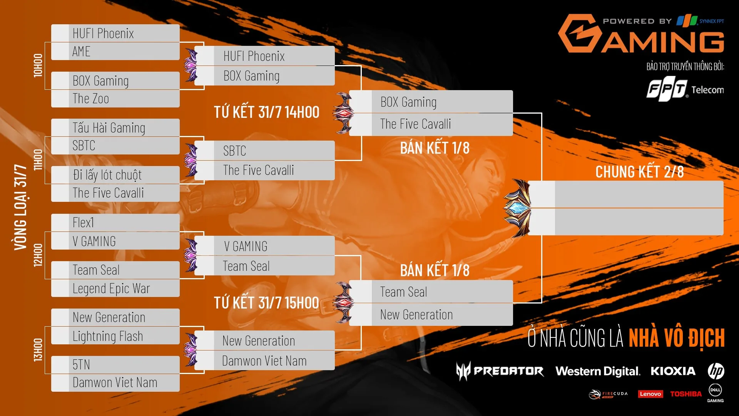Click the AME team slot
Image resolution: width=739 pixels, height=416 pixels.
(x=115, y=51)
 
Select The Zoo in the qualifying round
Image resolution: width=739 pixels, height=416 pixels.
(x=115, y=99)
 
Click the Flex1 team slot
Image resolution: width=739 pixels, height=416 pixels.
(x=115, y=223)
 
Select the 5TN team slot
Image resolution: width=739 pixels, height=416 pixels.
(x=115, y=364)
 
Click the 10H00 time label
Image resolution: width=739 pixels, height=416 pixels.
(x=38, y=65)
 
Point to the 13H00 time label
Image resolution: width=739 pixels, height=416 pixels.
(x=38, y=350)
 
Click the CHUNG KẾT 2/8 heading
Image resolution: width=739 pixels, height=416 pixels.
(x=639, y=172)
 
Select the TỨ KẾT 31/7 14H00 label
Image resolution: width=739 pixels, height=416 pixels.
(x=267, y=112)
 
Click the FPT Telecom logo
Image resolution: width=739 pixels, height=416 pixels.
(x=685, y=90)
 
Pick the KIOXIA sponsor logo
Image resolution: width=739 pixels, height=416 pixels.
(x=673, y=371)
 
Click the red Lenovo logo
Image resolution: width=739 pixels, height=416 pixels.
(x=650, y=394)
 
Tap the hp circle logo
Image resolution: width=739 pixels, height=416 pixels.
(x=716, y=371)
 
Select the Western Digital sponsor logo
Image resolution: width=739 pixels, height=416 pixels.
(x=598, y=371)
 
